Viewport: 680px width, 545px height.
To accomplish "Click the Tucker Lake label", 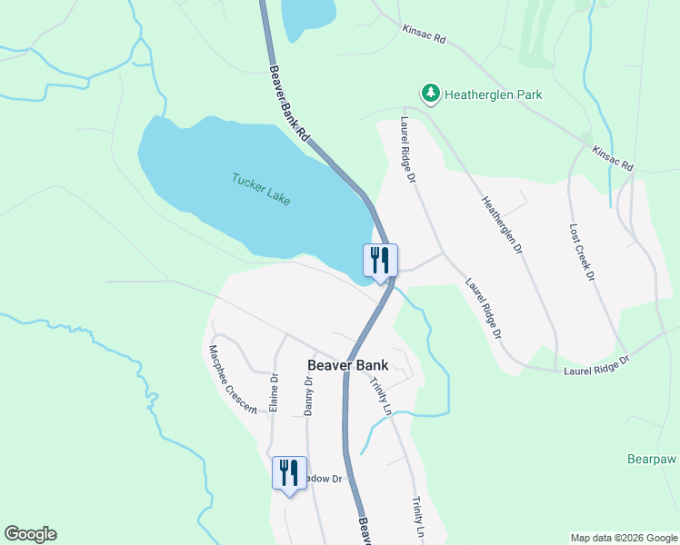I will coord(261,189).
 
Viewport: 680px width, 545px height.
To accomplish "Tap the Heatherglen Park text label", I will coord(492,94).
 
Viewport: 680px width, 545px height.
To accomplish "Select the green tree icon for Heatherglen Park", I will coord(430,93).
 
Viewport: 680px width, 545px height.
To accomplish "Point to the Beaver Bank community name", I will coord(348,365).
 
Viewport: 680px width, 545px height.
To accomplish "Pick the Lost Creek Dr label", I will coord(581,252).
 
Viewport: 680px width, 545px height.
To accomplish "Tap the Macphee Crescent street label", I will coord(233,379).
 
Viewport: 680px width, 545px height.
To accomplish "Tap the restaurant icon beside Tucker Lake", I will coord(380,261).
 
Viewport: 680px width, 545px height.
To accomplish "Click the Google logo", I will coord(30,534).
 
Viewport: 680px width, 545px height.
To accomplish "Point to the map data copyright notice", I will coord(625,538).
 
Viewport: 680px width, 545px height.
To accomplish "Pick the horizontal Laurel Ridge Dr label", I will coord(596,365).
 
